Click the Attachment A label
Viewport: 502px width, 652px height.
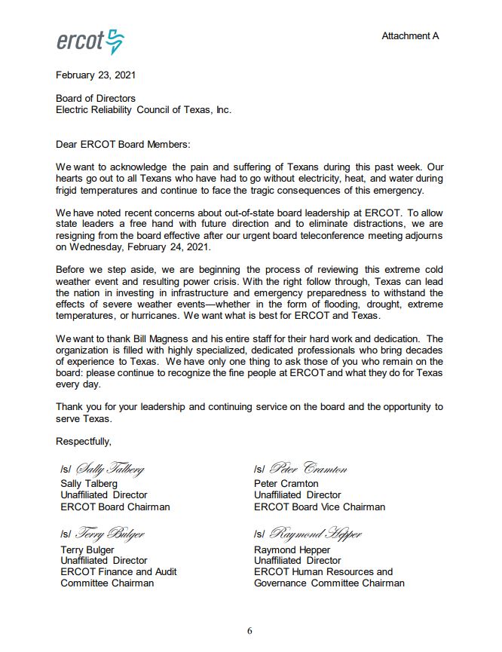click(x=409, y=36)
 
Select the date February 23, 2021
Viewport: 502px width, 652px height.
click(x=96, y=75)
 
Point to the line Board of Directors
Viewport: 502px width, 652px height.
click(x=96, y=98)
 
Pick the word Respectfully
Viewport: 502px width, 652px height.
click(x=84, y=441)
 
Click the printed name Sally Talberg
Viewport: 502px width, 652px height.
click(x=89, y=483)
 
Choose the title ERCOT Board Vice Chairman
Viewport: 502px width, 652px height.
click(x=319, y=507)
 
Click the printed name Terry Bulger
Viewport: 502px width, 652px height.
click(x=87, y=549)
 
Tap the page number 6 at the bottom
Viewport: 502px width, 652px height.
click(x=251, y=631)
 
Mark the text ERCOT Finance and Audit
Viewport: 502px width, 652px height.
click(x=118, y=571)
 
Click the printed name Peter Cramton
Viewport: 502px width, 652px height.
click(x=286, y=483)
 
